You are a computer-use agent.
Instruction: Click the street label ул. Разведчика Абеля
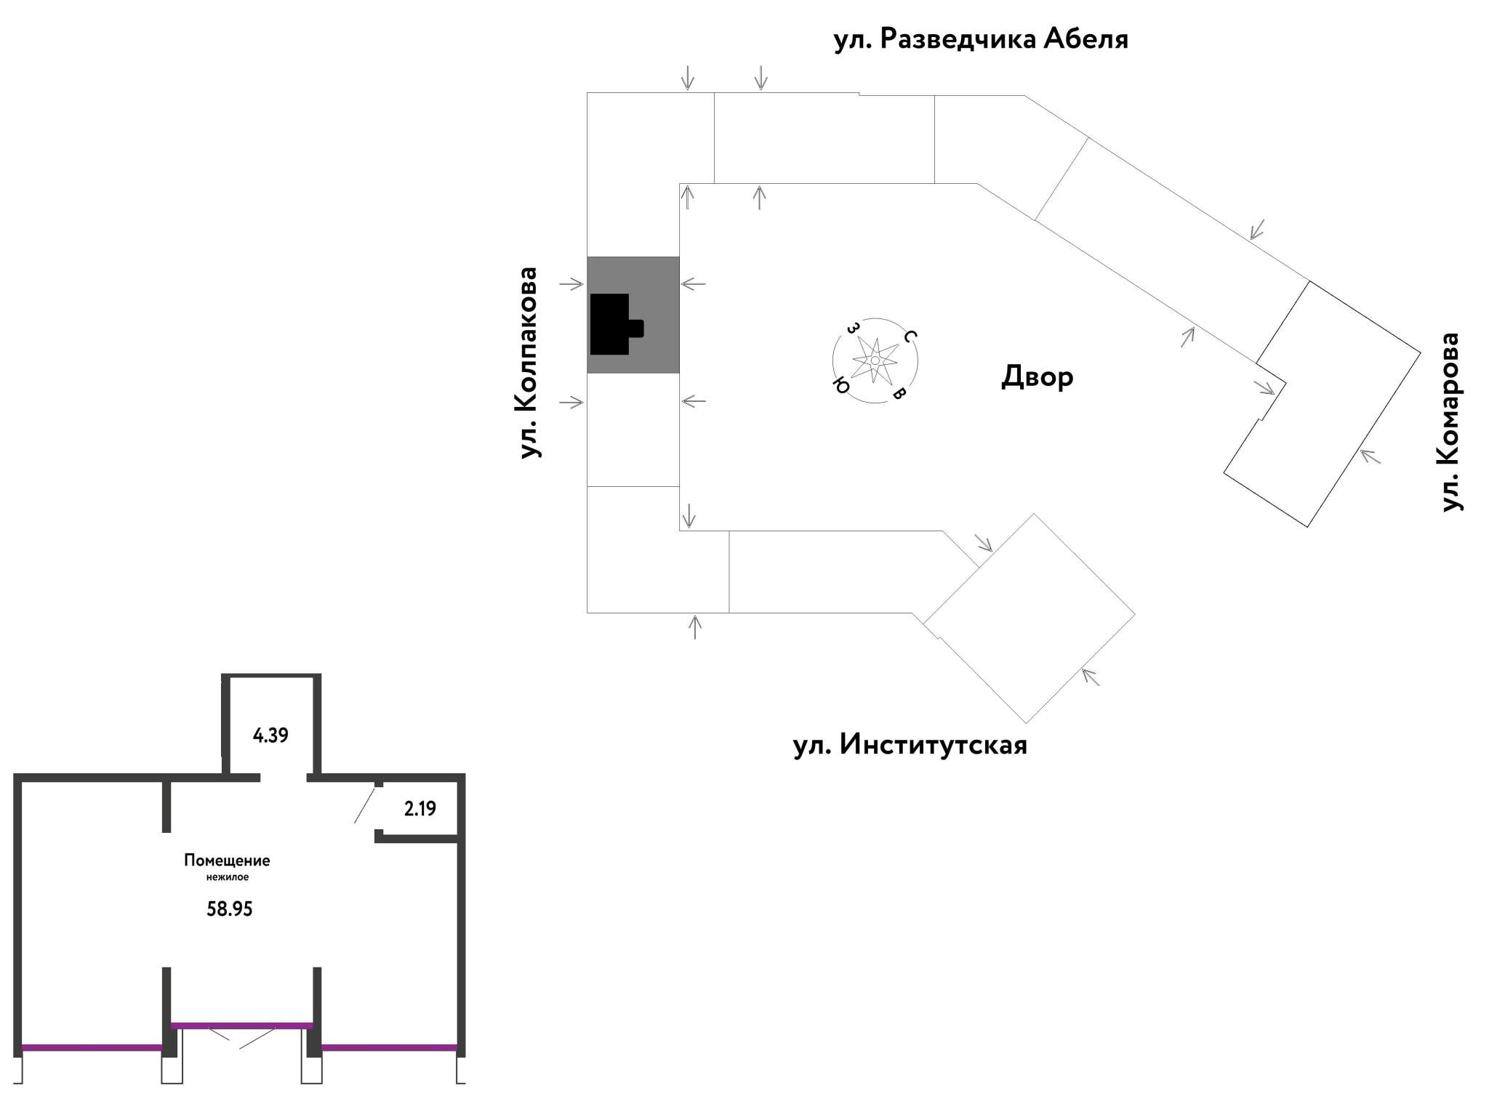[981, 39]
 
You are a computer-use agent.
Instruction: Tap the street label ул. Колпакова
[529, 363]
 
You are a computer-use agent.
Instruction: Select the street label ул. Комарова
[1451, 422]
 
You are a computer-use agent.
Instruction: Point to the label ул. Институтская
[910, 746]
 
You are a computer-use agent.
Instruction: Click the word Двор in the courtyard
[1038, 376]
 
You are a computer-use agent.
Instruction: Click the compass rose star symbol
[875, 360]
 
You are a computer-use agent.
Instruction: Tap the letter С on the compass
[910, 336]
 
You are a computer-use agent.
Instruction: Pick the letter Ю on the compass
[841, 385]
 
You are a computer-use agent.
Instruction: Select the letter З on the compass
[851, 328]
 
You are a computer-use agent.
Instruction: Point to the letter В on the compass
[899, 394]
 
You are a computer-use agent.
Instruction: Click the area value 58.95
[230, 909]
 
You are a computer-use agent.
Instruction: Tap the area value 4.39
[270, 736]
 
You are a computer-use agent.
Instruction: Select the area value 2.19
[420, 809]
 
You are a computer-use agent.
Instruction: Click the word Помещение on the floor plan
[227, 861]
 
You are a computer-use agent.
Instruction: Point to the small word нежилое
[228, 877]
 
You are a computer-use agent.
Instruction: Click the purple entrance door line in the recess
[242, 1026]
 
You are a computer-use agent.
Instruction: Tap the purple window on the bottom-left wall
[92, 1048]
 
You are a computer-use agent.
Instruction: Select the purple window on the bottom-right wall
[389, 1048]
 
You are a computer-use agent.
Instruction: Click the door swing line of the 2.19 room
[365, 805]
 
